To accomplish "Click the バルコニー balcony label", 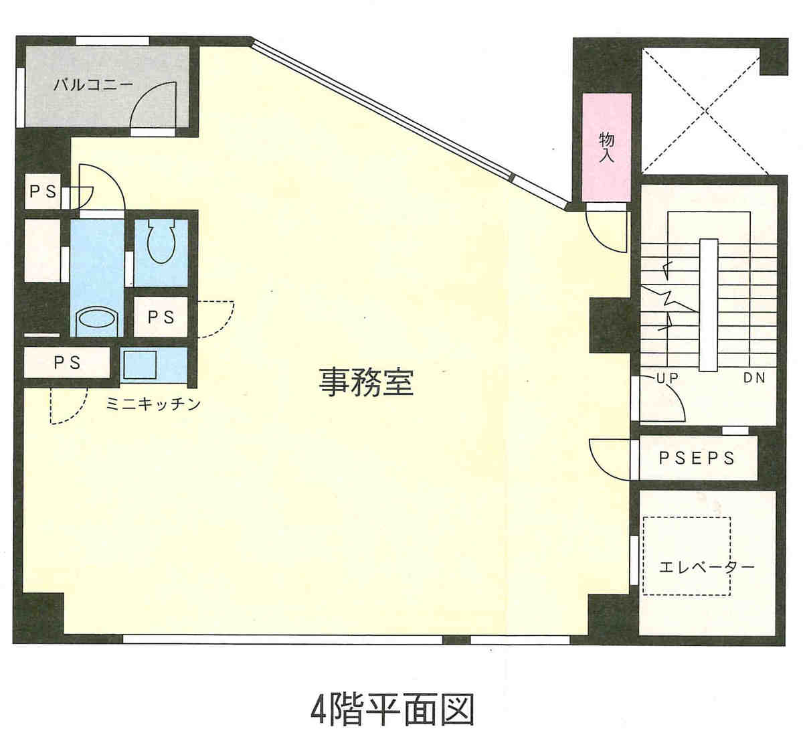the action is (x=93, y=85).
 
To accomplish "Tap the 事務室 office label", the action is (x=366, y=382).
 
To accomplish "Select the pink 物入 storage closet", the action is (x=606, y=147).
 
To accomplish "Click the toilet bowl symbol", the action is (x=161, y=241).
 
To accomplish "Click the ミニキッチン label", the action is (x=153, y=404).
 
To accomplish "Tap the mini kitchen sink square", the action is (x=140, y=365).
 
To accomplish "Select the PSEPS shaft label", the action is (x=697, y=458).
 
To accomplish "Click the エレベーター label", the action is (x=707, y=567).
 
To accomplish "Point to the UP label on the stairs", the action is (x=667, y=378).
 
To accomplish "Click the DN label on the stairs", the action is (x=754, y=378).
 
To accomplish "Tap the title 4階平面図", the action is (x=392, y=710).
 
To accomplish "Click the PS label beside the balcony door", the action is (x=43, y=191).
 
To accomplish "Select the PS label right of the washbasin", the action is (x=161, y=317).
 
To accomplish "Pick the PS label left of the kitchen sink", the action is (x=67, y=363).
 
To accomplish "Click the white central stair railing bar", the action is (x=709, y=305).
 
